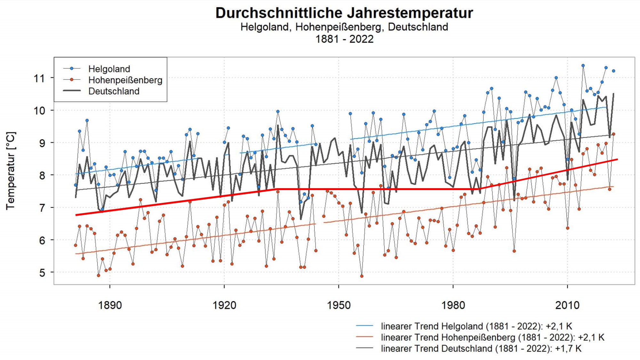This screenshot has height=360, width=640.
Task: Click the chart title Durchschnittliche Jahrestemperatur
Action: (344, 13)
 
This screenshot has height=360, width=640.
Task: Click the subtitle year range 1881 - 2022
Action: (344, 39)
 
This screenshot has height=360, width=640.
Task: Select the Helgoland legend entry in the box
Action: (109, 69)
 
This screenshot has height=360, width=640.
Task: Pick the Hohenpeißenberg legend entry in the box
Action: (125, 80)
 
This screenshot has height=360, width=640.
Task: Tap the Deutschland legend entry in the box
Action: (114, 91)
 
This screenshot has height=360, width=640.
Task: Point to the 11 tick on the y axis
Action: (40, 78)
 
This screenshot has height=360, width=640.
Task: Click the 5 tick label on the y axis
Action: (42, 273)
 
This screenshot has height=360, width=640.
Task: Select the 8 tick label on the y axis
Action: (42, 175)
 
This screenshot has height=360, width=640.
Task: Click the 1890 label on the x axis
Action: (110, 305)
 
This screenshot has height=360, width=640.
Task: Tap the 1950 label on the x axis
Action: (339, 305)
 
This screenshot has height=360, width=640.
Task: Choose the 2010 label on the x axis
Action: (567, 305)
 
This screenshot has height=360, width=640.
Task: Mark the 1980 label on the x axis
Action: (453, 305)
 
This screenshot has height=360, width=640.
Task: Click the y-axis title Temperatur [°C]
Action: (11, 171)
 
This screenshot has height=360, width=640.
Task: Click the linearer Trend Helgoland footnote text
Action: (476, 326)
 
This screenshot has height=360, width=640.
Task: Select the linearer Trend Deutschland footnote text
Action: (481, 348)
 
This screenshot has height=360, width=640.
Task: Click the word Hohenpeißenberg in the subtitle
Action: (338, 27)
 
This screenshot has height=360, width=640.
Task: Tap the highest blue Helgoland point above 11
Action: (583, 66)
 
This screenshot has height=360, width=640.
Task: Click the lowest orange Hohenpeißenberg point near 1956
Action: (362, 276)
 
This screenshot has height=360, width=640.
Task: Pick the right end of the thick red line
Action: (617, 159)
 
